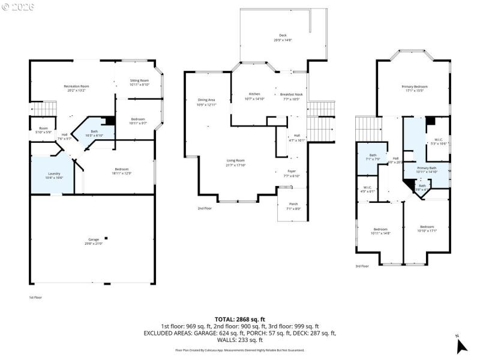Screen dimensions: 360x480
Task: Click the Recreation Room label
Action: click(76, 87)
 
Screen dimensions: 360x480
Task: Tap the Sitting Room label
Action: click(139, 80)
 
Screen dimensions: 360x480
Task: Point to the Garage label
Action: click(94, 239)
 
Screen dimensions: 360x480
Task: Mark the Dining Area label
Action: click(206, 100)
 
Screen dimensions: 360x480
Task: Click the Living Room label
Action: click(235, 160)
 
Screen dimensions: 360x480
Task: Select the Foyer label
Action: click(291, 172)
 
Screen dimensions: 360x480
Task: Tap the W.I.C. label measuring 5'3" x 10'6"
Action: click(439, 142)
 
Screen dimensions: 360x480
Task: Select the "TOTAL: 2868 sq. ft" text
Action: click(239, 319)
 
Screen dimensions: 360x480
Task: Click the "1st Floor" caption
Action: click(35, 297)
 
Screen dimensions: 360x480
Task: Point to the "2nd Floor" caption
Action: click(205, 208)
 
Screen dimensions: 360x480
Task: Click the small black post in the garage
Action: click(106, 236)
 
